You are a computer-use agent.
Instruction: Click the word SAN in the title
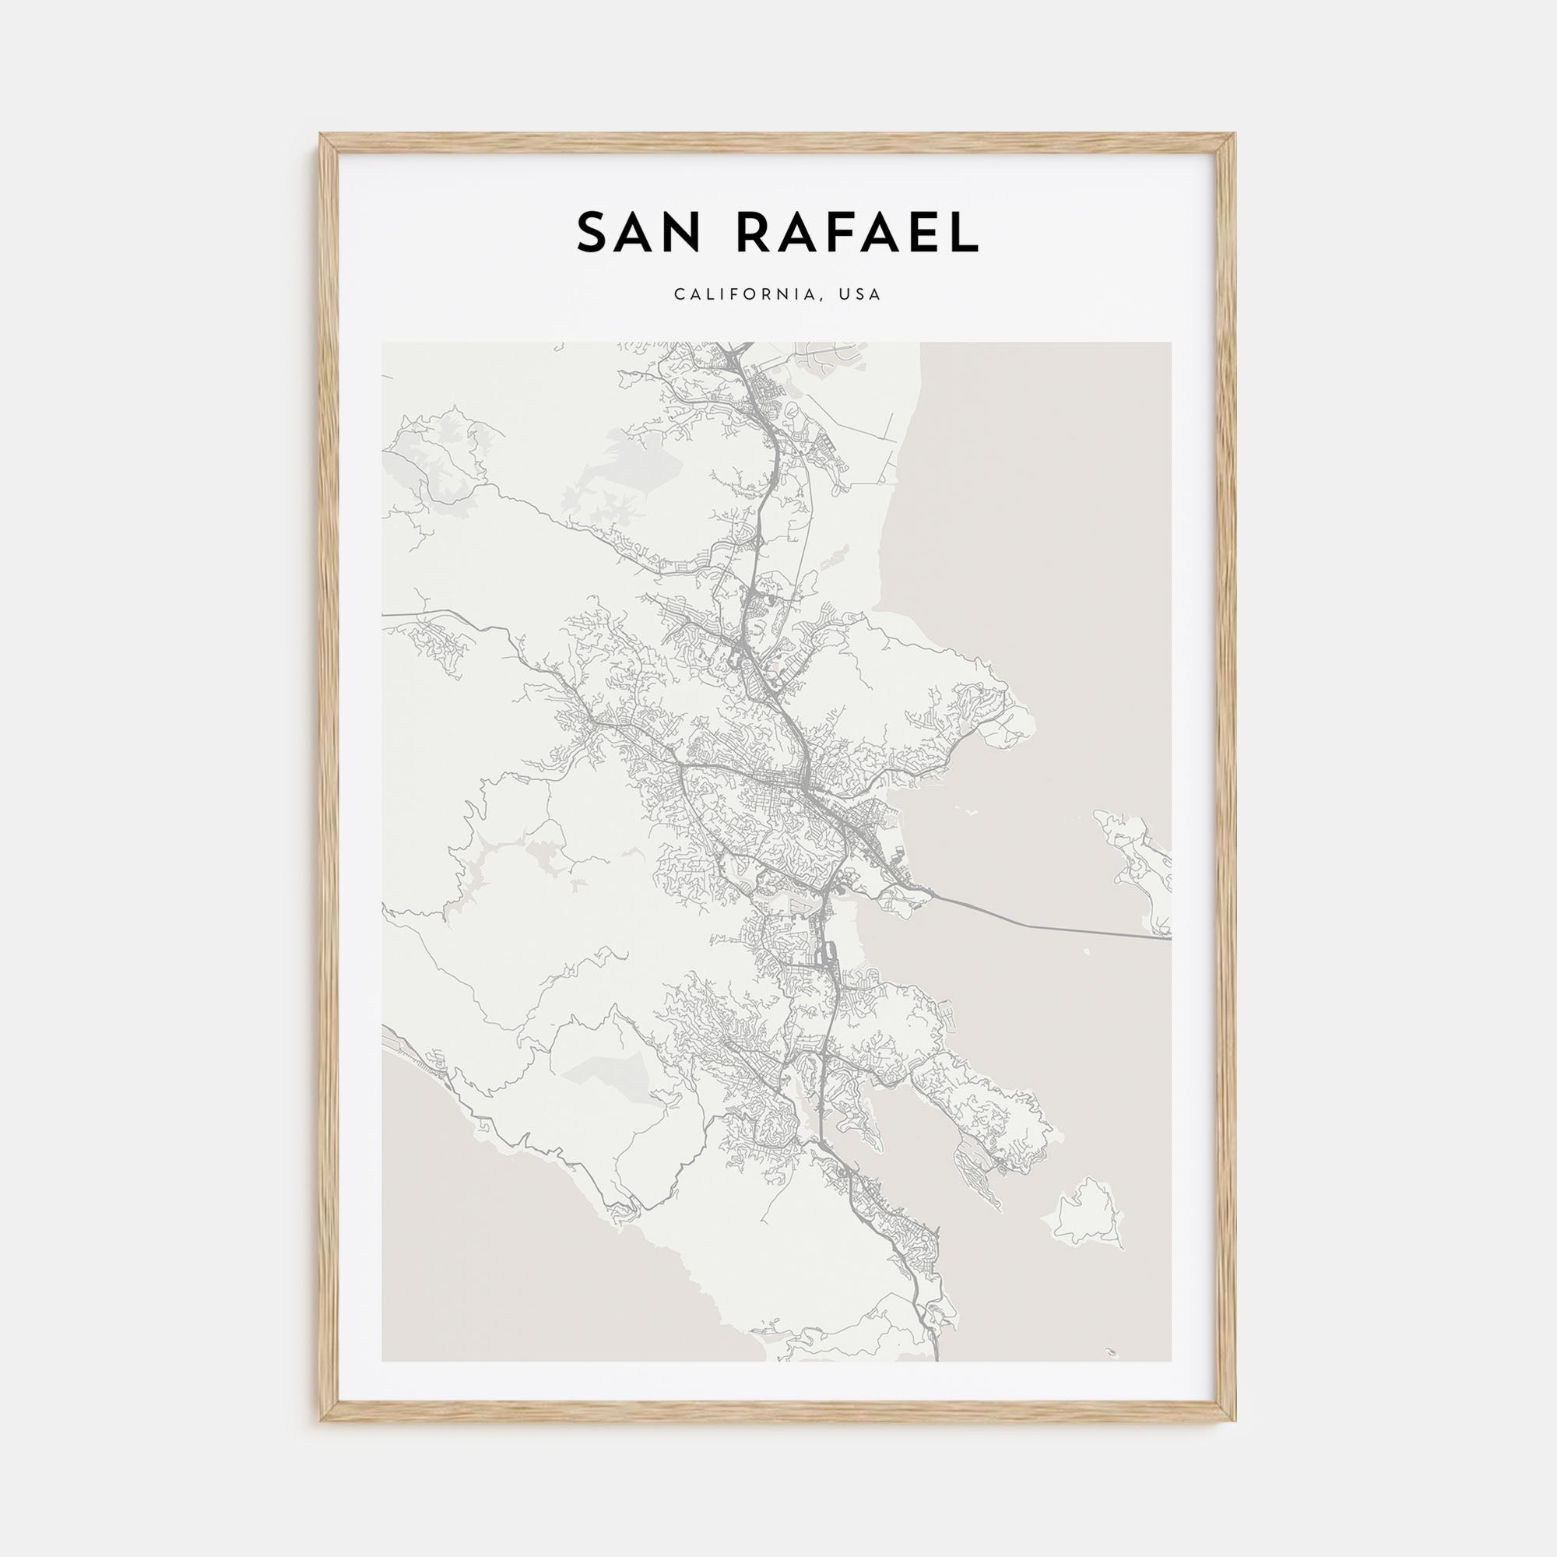click(x=638, y=233)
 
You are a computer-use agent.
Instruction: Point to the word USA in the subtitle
click(x=860, y=295)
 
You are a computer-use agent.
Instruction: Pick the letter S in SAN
click(x=593, y=233)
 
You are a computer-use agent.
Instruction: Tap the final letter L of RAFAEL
click(x=964, y=233)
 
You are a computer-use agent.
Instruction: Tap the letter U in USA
click(x=845, y=295)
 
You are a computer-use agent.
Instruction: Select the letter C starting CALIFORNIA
click(x=680, y=295)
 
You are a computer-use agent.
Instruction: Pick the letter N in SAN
click(x=681, y=233)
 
